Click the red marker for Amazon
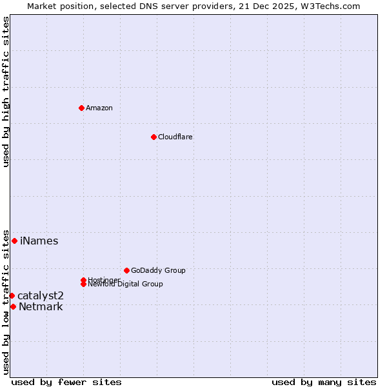(x=81, y=108)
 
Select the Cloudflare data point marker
(x=154, y=137)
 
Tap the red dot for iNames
(x=14, y=241)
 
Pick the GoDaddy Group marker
(x=126, y=270)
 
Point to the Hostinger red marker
(x=83, y=280)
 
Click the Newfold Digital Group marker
(x=84, y=284)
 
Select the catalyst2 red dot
(x=12, y=295)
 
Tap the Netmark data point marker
(x=13, y=306)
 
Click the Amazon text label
(x=99, y=108)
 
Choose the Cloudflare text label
(x=175, y=137)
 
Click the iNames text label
(x=39, y=241)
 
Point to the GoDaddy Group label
(x=158, y=270)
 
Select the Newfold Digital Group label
(x=125, y=284)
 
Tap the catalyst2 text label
(x=40, y=295)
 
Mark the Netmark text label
(x=41, y=306)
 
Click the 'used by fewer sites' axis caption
(x=66, y=382)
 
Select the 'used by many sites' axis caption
(x=324, y=382)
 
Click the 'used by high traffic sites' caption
(x=6, y=92)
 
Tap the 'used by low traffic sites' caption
(x=6, y=301)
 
